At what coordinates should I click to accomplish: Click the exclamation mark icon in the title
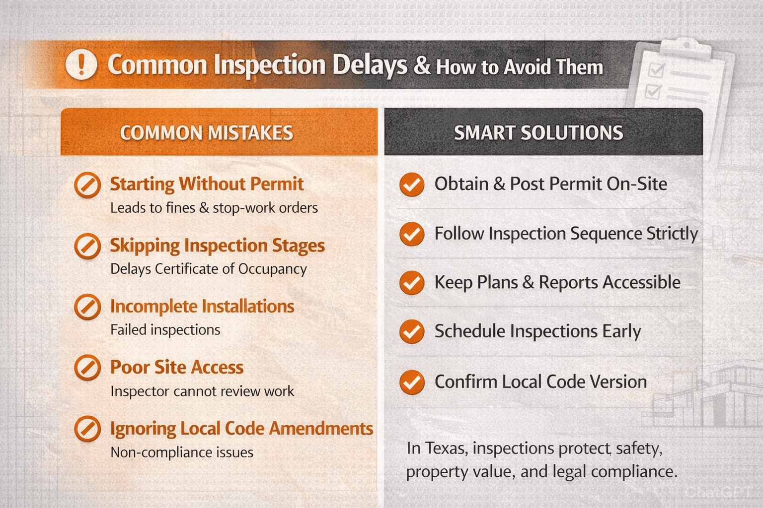coord(81,64)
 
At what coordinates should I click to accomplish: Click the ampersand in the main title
coord(422,65)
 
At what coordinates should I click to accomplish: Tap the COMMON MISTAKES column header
coord(206,133)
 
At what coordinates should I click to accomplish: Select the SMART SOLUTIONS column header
coord(538,133)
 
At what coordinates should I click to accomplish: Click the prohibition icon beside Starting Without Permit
coord(87,185)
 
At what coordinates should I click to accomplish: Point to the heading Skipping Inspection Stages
coord(217,246)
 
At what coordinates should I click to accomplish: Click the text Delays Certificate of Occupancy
coord(208,269)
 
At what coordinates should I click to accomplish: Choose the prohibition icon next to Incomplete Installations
coord(87,307)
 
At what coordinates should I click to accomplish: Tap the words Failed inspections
coord(165,330)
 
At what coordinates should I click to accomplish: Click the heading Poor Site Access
coord(177,368)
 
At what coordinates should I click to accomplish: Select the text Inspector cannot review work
coord(202,391)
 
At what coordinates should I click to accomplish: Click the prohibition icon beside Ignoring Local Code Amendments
coord(87,429)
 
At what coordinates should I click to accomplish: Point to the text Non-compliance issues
coord(182,452)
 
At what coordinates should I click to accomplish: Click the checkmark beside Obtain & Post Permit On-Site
coord(412,185)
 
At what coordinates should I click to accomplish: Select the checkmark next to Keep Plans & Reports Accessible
coord(412,283)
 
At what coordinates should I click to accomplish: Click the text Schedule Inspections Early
coord(537,331)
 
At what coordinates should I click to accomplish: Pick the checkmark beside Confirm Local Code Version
coord(412,382)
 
